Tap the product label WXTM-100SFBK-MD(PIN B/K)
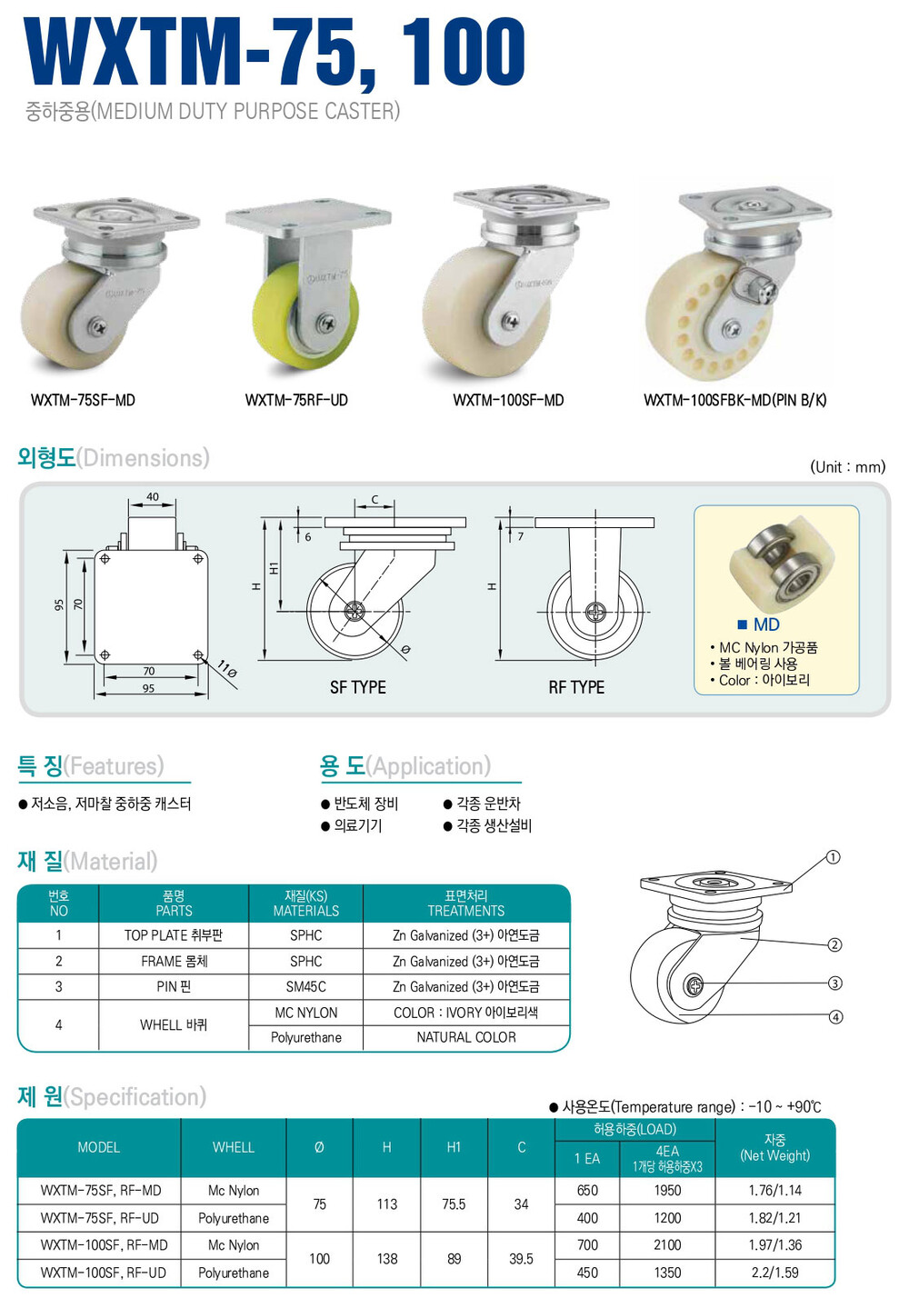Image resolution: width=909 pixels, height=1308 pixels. coord(735,400)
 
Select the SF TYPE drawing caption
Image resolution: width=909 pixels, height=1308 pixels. coord(358,687)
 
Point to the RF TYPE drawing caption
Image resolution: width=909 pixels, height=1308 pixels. coord(576,687)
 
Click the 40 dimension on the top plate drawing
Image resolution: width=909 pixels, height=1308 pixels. coord(153,496)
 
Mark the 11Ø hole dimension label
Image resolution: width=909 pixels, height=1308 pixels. coord(227,669)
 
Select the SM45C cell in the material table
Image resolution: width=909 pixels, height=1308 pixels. coord(306,987)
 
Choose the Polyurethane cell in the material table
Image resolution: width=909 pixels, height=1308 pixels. coord(306,1038)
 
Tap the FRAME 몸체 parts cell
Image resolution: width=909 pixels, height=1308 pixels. coord(174,961)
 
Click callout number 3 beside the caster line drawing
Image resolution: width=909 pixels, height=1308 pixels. coord(834,983)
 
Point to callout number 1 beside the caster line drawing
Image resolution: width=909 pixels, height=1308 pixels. coord(834,857)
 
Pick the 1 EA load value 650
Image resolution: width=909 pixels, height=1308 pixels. coord(587,1191)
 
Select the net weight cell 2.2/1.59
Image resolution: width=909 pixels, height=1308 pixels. coord(774,1273)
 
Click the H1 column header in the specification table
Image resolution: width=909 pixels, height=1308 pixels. coord(454,1147)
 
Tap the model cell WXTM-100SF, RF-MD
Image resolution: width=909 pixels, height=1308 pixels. coord(104,1245)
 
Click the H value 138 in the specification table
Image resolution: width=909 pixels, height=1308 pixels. coord(387,1258)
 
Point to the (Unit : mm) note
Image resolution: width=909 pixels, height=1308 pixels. coord(848,467)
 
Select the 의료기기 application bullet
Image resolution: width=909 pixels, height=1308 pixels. coord(352,825)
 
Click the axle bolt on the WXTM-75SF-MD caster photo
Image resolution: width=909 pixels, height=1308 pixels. coord(97,325)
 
